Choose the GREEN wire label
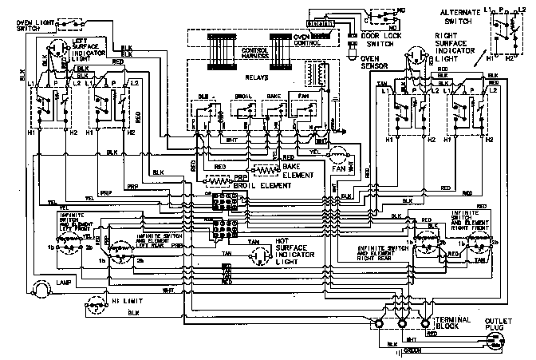point(413,350)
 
